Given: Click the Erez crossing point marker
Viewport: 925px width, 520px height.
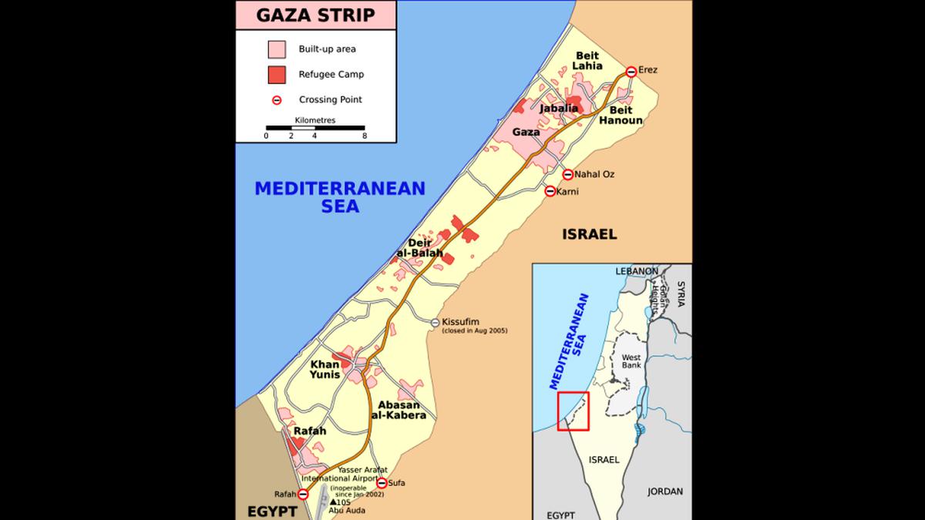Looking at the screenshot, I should pyautogui.click(x=631, y=71).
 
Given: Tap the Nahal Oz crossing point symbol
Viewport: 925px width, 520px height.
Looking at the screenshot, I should pyautogui.click(x=568, y=174).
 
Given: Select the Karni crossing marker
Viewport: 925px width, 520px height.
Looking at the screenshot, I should pyautogui.click(x=550, y=191).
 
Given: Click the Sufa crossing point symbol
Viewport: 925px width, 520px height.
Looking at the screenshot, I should pyautogui.click(x=382, y=483).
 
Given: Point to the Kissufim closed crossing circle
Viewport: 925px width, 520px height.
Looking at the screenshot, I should pyautogui.click(x=436, y=322).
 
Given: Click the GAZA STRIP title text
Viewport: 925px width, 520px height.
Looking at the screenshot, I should pyautogui.click(x=316, y=15).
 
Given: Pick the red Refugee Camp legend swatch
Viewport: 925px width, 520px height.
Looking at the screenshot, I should pyautogui.click(x=276, y=75).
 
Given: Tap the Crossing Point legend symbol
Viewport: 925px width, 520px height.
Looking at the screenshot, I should pyautogui.click(x=276, y=99).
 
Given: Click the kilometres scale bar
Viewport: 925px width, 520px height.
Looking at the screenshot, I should pyautogui.click(x=315, y=127).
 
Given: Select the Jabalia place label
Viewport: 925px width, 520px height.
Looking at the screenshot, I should pyautogui.click(x=559, y=109).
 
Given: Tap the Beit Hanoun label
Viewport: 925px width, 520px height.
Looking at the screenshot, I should pyautogui.click(x=621, y=116).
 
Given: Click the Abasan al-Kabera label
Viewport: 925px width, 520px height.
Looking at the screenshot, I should pyautogui.click(x=399, y=411).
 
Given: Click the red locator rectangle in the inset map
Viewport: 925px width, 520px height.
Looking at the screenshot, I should pyautogui.click(x=573, y=411).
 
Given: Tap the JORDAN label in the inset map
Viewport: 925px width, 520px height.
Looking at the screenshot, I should pyautogui.click(x=665, y=491).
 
